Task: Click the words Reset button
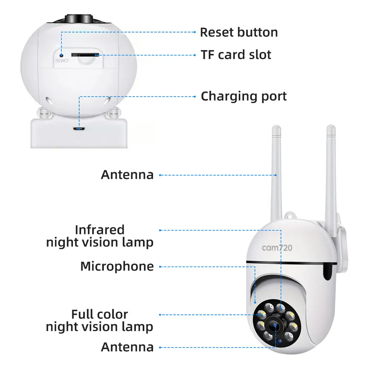pyautogui.click(x=239, y=32)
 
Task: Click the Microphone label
pyautogui.click(x=117, y=267)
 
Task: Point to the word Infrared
pyautogui.click(x=100, y=229)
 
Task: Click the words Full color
pyautogui.click(x=100, y=314)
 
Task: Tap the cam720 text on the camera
pyautogui.click(x=277, y=248)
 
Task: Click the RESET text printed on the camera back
pyautogui.click(x=62, y=61)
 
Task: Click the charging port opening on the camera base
pyautogui.click(x=80, y=128)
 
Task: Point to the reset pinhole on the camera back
pyautogui.click(x=62, y=50)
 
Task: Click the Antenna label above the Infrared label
pyautogui.click(x=127, y=175)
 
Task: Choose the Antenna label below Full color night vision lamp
pyautogui.click(x=127, y=347)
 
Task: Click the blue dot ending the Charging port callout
pyautogui.click(x=80, y=128)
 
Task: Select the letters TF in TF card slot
pyautogui.click(x=208, y=54)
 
